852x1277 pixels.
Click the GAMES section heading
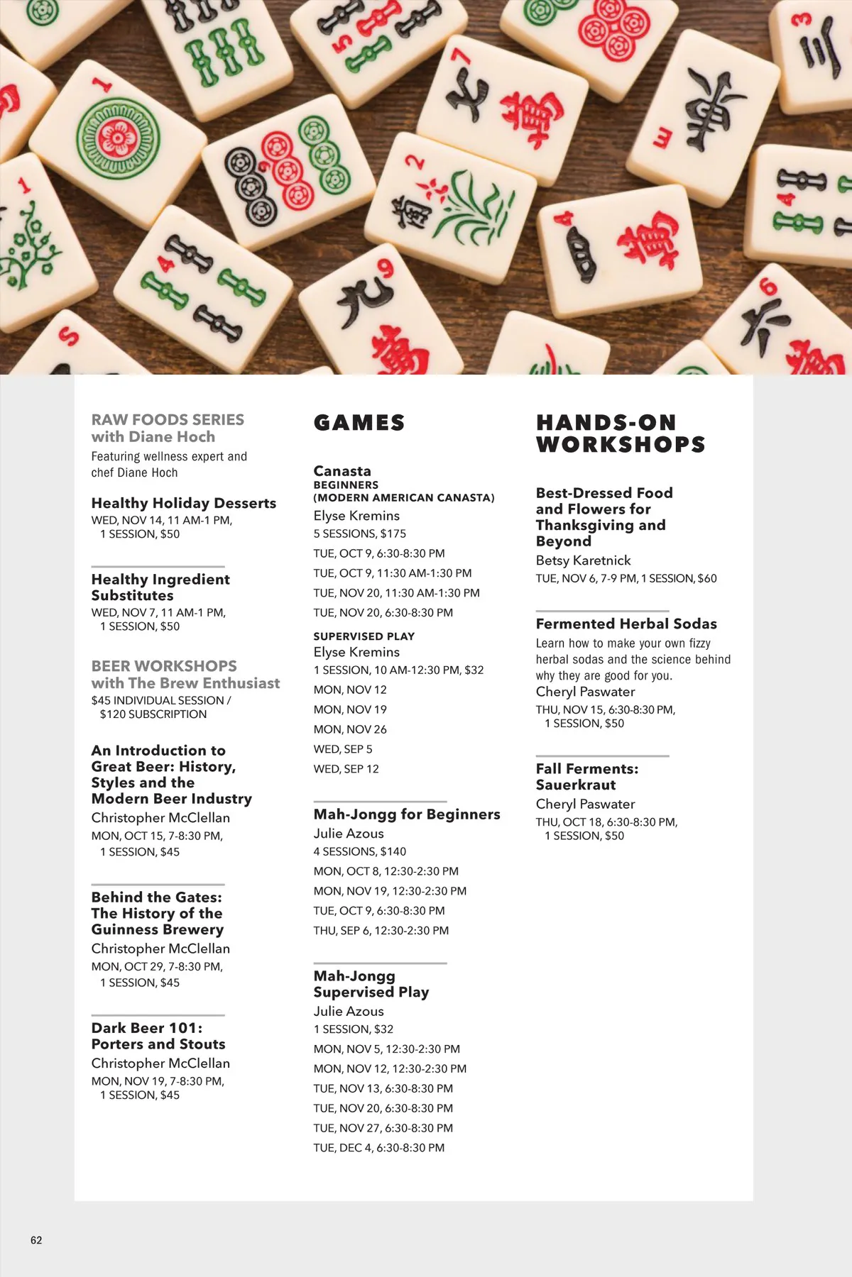click(x=359, y=423)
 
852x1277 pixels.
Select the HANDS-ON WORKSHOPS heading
click(x=620, y=433)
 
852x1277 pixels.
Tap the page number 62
click(x=36, y=1240)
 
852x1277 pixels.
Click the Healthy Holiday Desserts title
click(x=183, y=503)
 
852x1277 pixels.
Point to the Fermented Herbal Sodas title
click(x=626, y=624)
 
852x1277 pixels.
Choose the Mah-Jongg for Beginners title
click(x=406, y=814)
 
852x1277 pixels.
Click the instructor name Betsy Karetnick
click(x=583, y=560)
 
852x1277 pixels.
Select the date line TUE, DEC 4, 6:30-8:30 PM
click(x=378, y=1148)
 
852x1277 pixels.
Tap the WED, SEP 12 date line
click(x=346, y=769)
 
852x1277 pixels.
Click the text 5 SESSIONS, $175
click(x=359, y=534)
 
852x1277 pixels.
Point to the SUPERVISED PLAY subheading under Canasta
click(x=364, y=636)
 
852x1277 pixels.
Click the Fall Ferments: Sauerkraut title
click(x=586, y=777)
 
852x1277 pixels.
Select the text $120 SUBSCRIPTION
click(x=153, y=714)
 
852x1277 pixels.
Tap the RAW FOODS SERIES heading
click(x=168, y=420)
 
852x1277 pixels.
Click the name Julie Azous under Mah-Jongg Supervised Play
click(x=348, y=1011)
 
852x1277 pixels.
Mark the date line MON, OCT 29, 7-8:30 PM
click(x=156, y=966)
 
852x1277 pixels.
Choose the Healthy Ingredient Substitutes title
click(x=160, y=587)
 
